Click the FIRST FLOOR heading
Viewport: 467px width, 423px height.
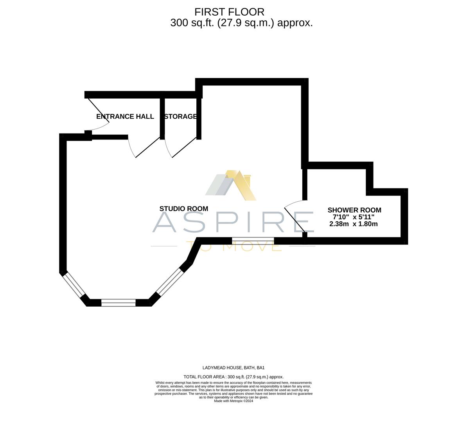pos(229,12)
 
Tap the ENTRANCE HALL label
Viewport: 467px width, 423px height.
pos(125,116)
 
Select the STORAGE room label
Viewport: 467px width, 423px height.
pos(180,116)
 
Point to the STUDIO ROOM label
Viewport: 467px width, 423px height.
pos(183,209)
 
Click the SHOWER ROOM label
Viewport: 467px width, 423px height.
pos(354,210)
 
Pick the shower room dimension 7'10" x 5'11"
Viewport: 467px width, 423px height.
pos(353,217)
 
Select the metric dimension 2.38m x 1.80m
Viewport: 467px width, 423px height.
pos(354,224)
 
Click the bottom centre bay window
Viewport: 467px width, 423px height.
pos(119,302)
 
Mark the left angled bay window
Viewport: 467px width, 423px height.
pos(74,285)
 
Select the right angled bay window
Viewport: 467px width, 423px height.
pos(169,282)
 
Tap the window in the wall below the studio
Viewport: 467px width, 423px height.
pos(253,239)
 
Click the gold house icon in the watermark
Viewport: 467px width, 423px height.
pos(232,185)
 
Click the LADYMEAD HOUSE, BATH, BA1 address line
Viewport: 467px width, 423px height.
pos(233,368)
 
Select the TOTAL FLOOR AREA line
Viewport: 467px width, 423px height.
pos(233,377)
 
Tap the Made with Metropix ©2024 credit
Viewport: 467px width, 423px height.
pos(233,401)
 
